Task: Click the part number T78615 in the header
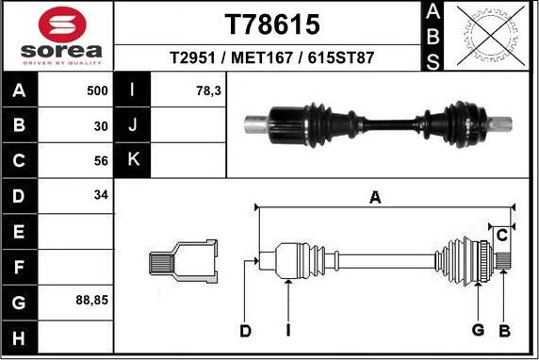tap(270, 24)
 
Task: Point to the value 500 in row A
tap(97, 91)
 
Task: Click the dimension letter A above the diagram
tap(375, 197)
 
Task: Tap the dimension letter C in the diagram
tap(502, 234)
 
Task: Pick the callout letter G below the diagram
tap(478, 329)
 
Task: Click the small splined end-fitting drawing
tap(183, 259)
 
